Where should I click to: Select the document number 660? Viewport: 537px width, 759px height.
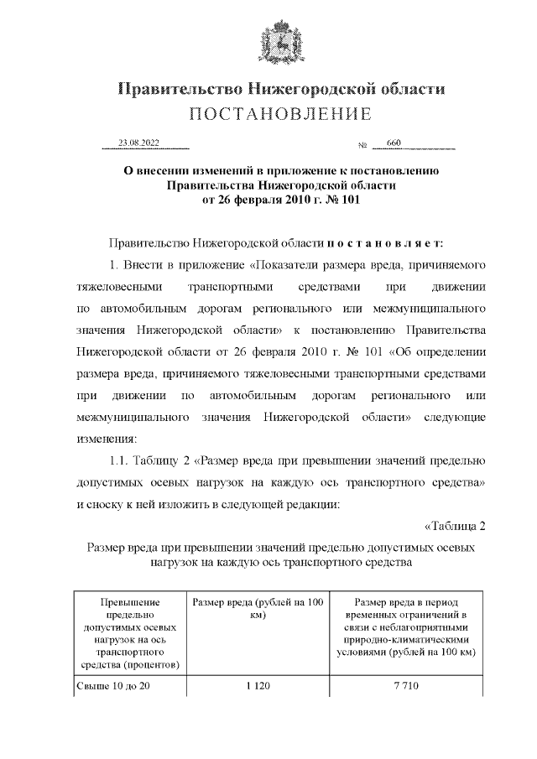(x=394, y=143)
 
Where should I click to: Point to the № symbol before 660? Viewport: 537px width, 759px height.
(x=363, y=146)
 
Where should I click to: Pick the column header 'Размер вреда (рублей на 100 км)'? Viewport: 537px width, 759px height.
(x=258, y=608)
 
